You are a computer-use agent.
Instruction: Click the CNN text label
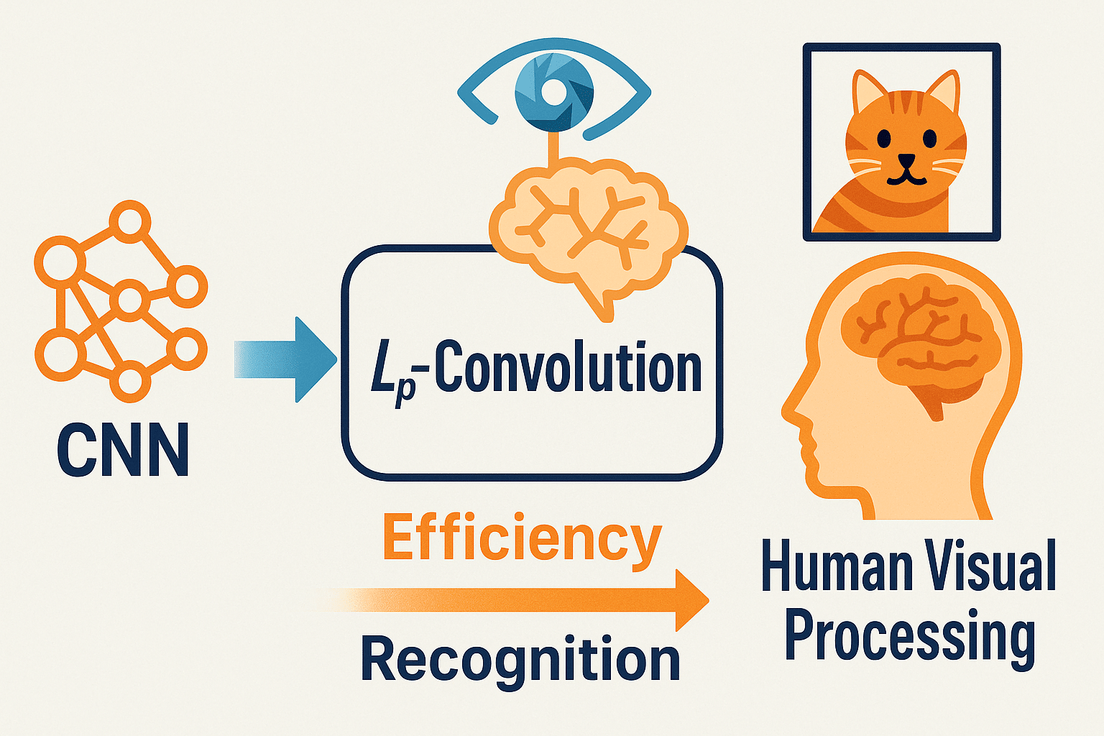(x=123, y=449)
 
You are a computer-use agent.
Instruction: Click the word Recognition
(x=520, y=658)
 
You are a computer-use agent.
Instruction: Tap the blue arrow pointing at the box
(x=285, y=360)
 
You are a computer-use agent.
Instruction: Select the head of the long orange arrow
(x=691, y=600)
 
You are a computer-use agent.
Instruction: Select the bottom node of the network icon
(x=129, y=382)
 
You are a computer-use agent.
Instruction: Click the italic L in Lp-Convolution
(x=382, y=373)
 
